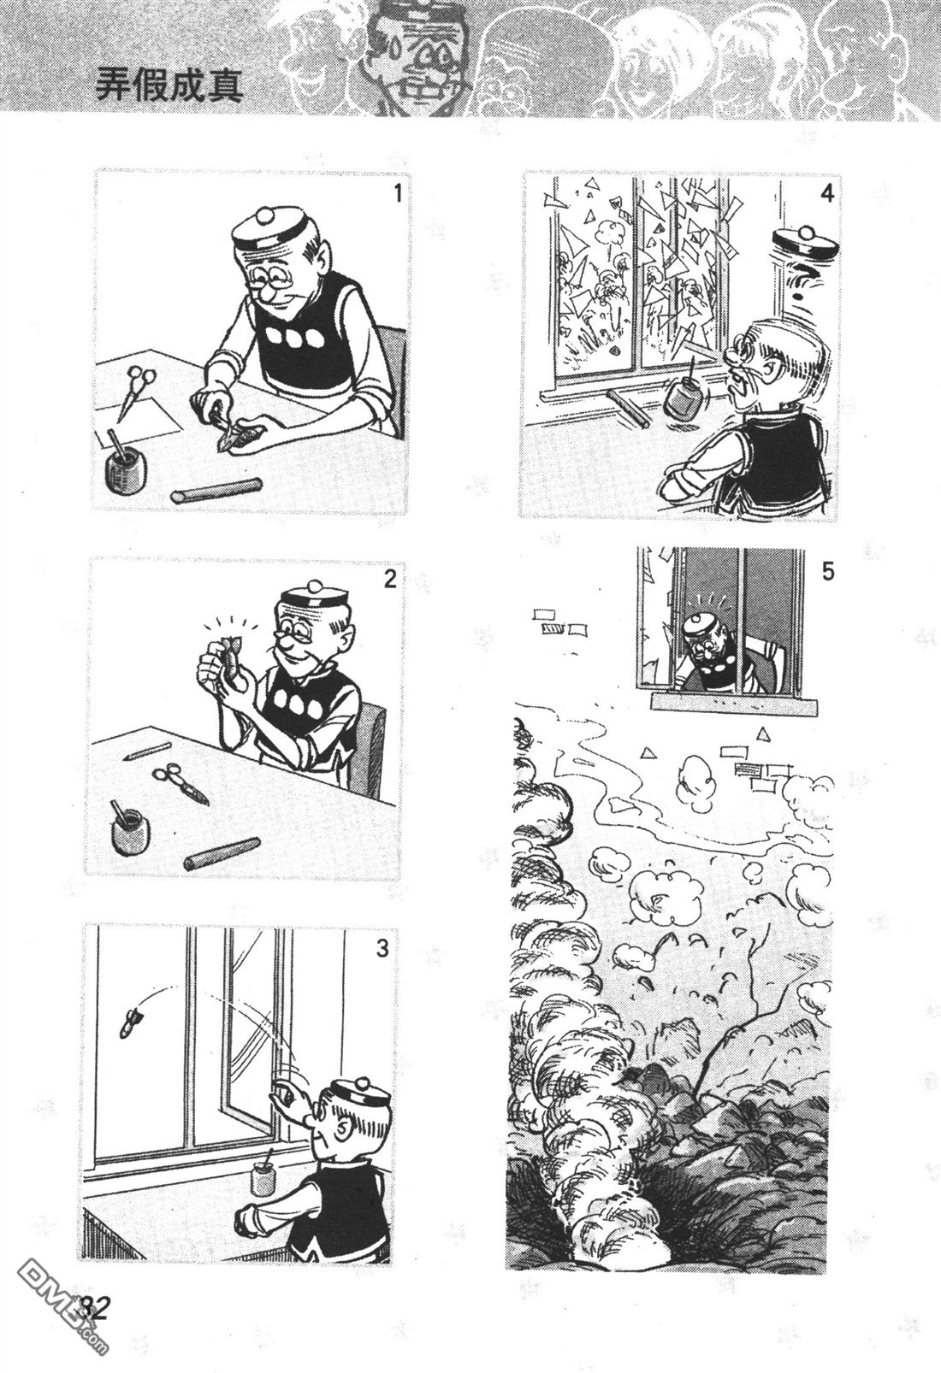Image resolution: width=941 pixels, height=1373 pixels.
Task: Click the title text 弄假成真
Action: click(x=170, y=85)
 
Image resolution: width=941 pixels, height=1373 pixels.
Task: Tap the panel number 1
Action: click(x=398, y=194)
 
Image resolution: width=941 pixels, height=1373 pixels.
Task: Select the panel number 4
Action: click(x=826, y=193)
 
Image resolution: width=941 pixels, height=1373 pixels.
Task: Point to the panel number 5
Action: click(x=827, y=572)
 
